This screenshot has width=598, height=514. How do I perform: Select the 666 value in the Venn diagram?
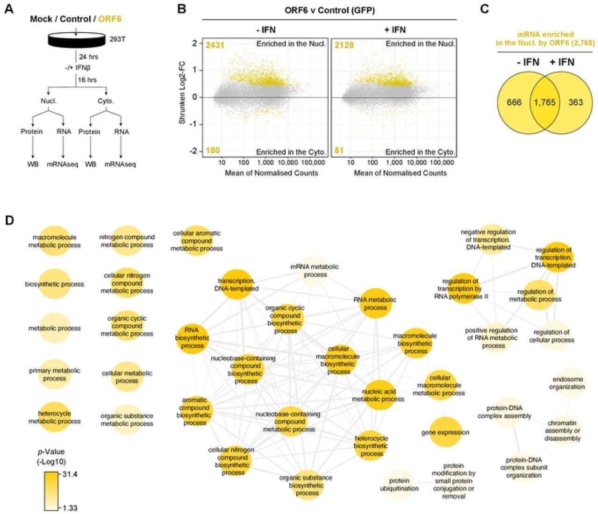click(x=514, y=102)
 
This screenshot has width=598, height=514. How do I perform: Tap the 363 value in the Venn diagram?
click(x=576, y=102)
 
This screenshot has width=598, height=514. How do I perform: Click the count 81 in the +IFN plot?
click(x=339, y=150)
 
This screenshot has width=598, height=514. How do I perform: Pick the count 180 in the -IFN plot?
click(x=213, y=150)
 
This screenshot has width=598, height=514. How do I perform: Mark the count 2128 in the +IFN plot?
click(x=344, y=45)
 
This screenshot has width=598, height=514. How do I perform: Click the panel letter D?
click(x=10, y=220)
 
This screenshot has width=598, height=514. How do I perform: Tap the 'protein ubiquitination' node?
click(x=399, y=485)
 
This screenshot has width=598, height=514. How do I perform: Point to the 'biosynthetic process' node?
click(x=55, y=284)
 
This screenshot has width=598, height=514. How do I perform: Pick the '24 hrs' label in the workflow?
click(x=88, y=57)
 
